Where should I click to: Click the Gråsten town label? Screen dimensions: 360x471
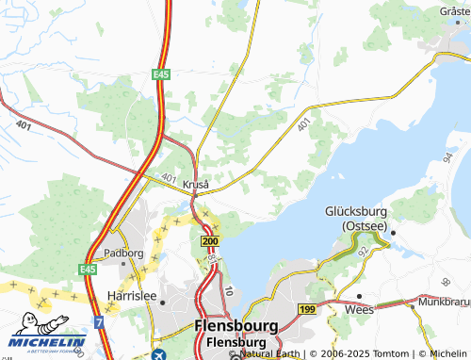click(455, 10)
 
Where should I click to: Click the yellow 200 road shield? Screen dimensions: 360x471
click(209, 242)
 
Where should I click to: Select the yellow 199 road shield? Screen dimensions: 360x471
click(307, 309)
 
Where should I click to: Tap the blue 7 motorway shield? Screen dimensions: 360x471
click(98, 323)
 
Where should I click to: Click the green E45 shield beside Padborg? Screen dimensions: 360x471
click(89, 270)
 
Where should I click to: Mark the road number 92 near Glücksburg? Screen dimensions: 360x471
click(363, 253)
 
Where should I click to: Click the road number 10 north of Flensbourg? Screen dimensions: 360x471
click(228, 294)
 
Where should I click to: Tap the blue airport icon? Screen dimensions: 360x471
click(155, 354)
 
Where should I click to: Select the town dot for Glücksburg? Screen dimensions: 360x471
click(394, 232)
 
